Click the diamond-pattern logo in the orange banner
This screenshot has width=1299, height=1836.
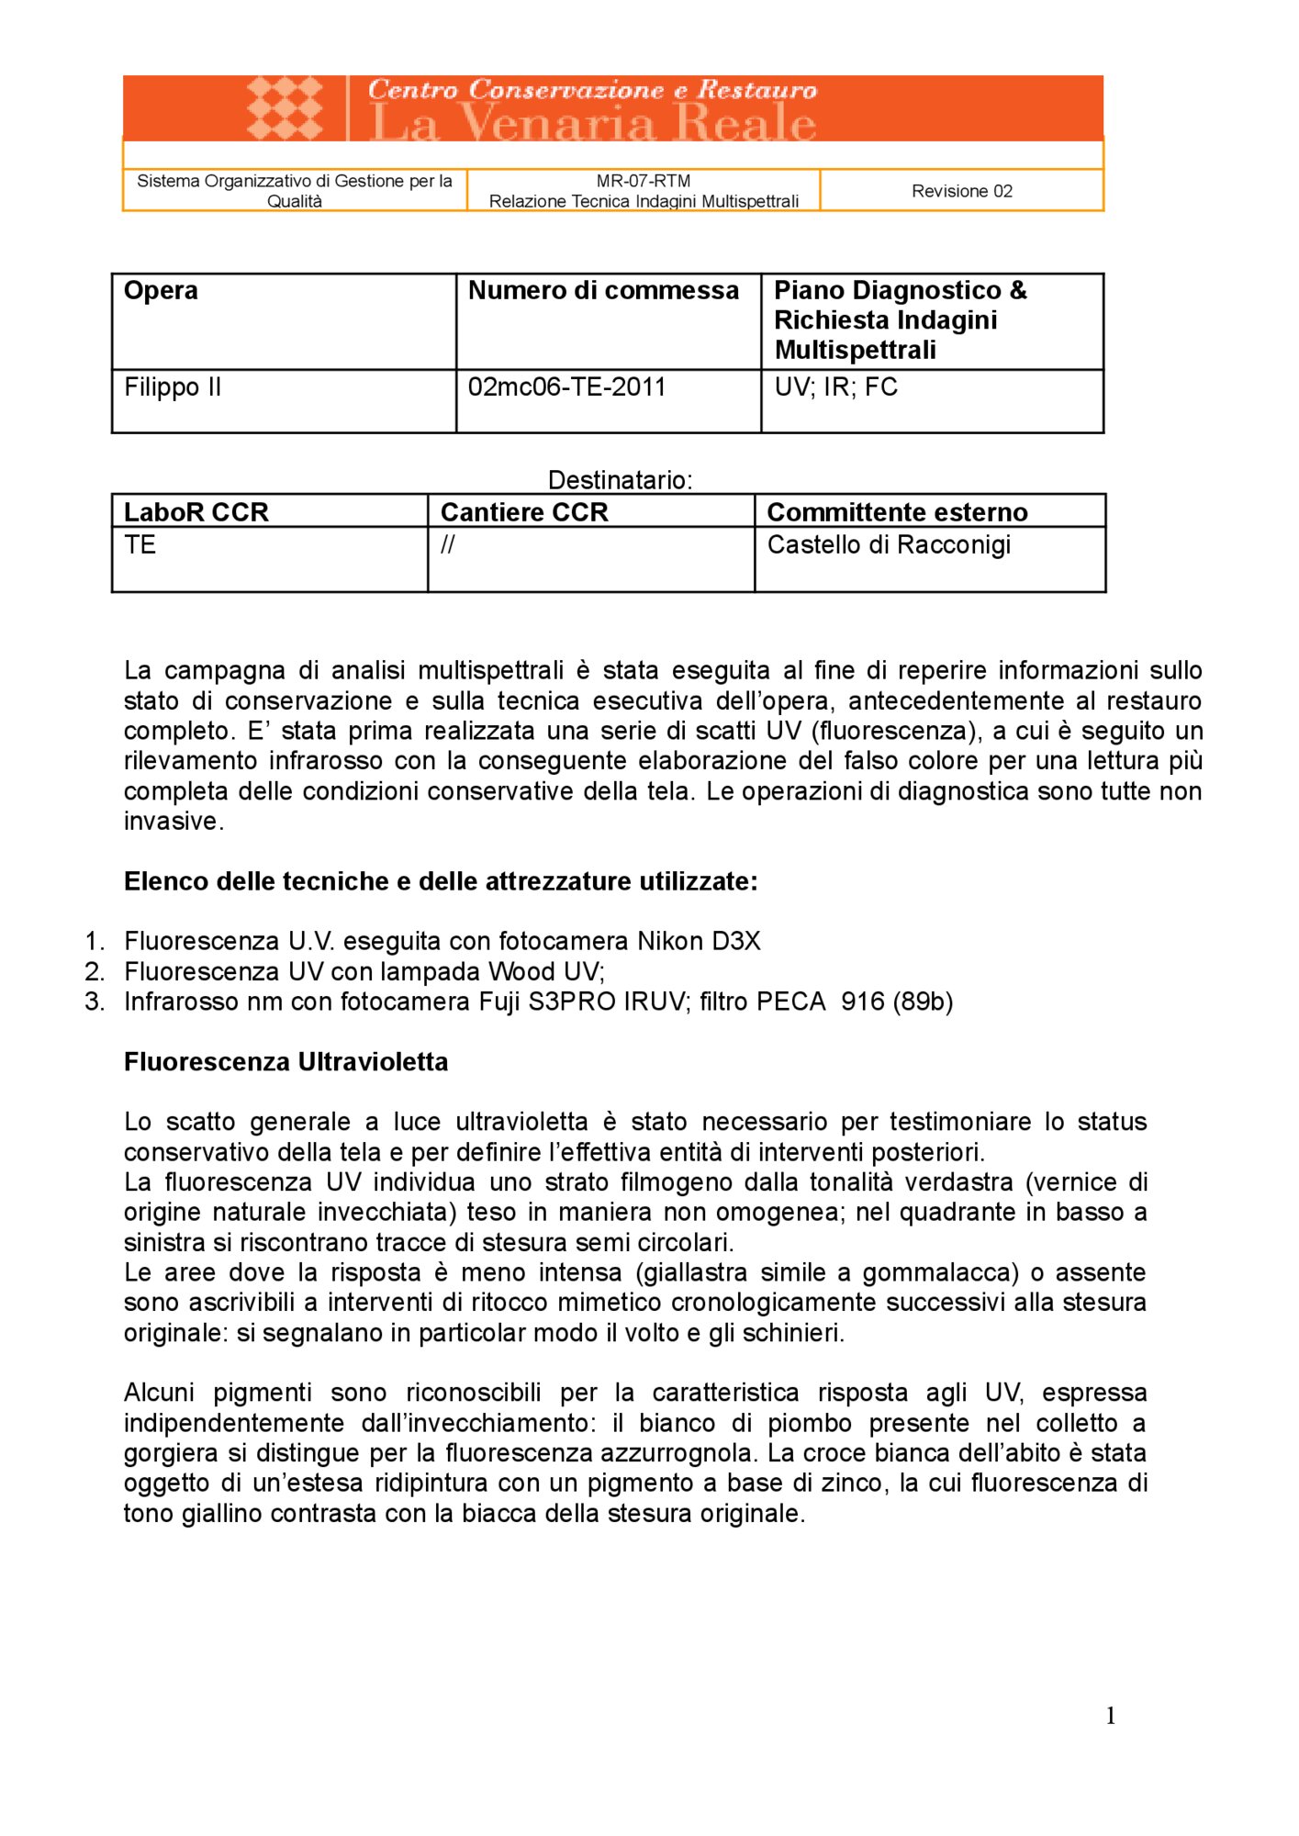coord(285,108)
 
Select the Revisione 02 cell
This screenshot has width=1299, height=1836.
coord(961,191)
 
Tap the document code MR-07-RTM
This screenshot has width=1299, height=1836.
coord(643,181)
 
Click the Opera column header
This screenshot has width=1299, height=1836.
coord(161,291)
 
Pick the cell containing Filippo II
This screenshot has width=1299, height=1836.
coord(173,387)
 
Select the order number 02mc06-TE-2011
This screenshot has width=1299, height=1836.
coord(566,387)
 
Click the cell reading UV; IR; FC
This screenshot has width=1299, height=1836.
coord(835,387)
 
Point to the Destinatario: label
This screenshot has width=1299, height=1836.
coord(620,480)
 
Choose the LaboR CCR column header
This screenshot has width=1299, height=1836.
coord(196,512)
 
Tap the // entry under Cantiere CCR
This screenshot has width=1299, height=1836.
coord(447,545)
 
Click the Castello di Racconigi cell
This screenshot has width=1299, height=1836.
coord(888,545)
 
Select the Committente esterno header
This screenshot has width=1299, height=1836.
coord(896,512)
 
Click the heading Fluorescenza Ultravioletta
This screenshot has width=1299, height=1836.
coord(286,1062)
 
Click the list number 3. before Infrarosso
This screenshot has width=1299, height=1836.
coord(95,1002)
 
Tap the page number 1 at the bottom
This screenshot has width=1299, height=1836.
coord(1110,1716)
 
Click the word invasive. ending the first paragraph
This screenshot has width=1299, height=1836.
coord(174,822)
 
